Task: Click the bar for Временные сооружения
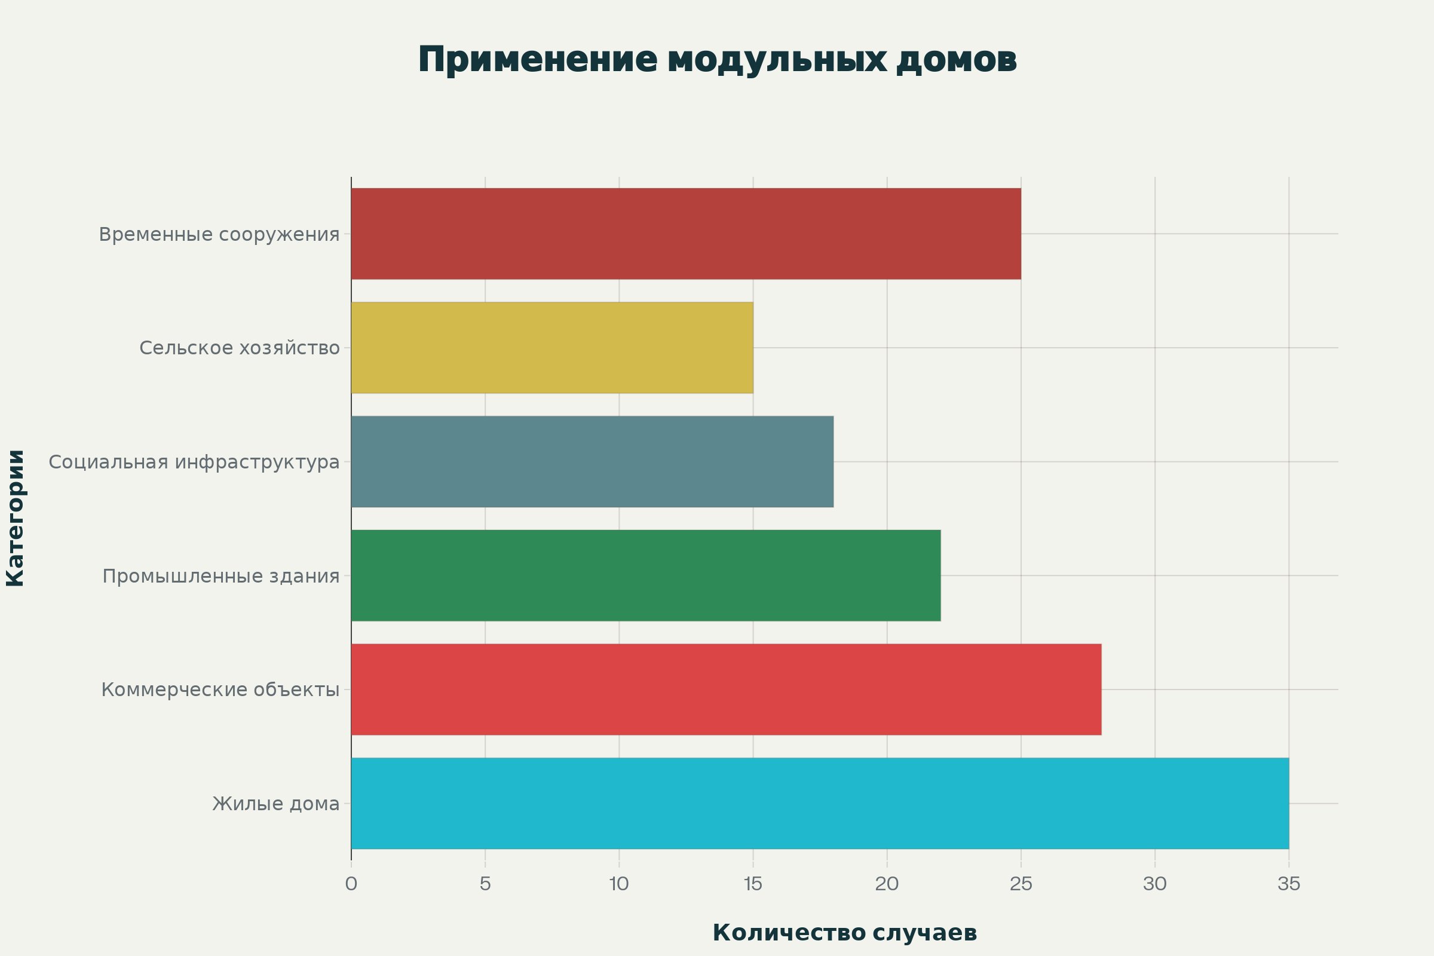pyautogui.click(x=686, y=234)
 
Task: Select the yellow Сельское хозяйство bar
pyautogui.click(x=551, y=348)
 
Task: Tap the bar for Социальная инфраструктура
pyautogui.click(x=592, y=461)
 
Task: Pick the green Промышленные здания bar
pyautogui.click(x=646, y=575)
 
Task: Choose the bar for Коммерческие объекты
pyautogui.click(x=726, y=690)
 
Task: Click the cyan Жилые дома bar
pyautogui.click(x=820, y=803)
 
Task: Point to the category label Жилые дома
pyautogui.click(x=275, y=804)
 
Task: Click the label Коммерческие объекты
pyautogui.click(x=220, y=690)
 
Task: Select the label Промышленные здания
pyautogui.click(x=220, y=575)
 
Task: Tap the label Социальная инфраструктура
pyautogui.click(x=194, y=461)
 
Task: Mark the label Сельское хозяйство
pyautogui.click(x=240, y=348)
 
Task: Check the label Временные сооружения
pyautogui.click(x=219, y=234)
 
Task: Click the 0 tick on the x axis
pyautogui.click(x=351, y=884)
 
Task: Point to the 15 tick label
pyautogui.click(x=753, y=884)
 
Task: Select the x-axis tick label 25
pyautogui.click(x=1021, y=884)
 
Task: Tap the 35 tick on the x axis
pyautogui.click(x=1289, y=884)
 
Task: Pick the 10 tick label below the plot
pyautogui.click(x=619, y=884)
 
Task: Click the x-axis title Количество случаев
pyautogui.click(x=844, y=933)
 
